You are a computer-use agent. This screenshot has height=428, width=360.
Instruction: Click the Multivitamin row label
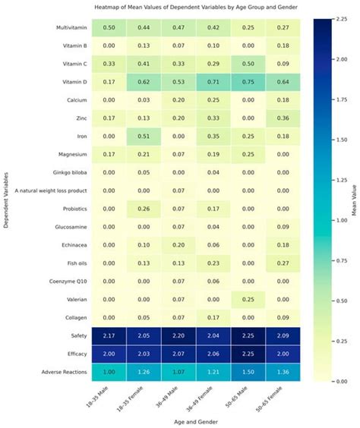67,27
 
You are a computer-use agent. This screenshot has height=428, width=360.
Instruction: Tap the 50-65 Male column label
244,394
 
